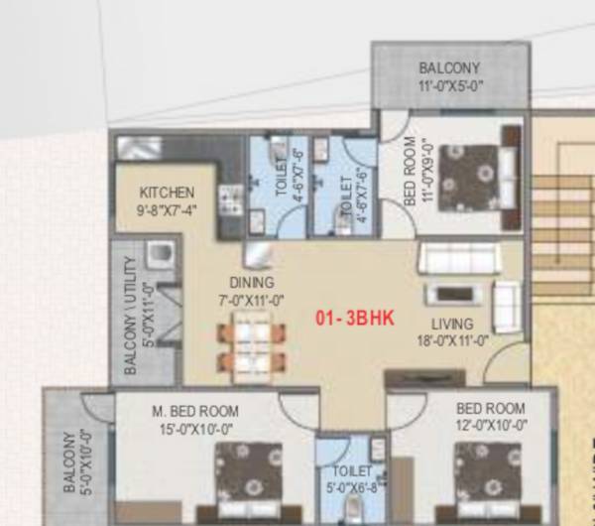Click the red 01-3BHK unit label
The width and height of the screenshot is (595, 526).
pyautogui.click(x=355, y=319)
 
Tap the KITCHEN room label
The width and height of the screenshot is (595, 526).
pyautogui.click(x=167, y=193)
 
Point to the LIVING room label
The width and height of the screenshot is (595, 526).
pyautogui.click(x=451, y=325)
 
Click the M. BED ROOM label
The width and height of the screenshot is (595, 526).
pyautogui.click(x=195, y=409)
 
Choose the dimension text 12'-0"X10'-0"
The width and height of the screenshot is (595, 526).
pyautogui.click(x=490, y=425)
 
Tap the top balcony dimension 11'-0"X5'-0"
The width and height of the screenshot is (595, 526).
pyautogui.click(x=449, y=84)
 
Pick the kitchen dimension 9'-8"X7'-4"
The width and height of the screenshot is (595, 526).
pyautogui.click(x=167, y=210)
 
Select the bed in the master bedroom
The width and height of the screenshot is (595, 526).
pyautogui.click(x=251, y=475)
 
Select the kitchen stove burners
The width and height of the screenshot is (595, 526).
pyautogui.click(x=231, y=198)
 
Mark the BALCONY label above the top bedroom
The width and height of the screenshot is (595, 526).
pyautogui.click(x=449, y=67)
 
